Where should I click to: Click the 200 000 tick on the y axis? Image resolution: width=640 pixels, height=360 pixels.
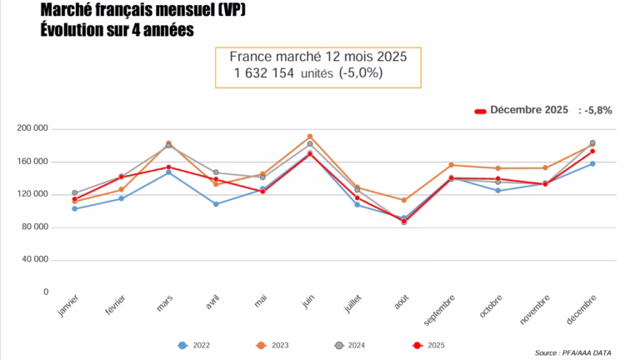coord(32,129)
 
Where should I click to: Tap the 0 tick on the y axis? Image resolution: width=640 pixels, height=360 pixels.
coord(45,292)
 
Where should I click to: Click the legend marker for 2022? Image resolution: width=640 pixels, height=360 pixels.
coord(182,345)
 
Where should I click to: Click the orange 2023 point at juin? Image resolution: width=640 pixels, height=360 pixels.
coord(310,137)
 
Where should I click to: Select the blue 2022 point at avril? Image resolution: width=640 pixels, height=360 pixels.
coord(216,204)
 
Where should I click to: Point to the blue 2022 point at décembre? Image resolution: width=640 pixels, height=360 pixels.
coord(592,163)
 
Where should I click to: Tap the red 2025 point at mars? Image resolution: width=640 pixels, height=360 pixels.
coord(168,167)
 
